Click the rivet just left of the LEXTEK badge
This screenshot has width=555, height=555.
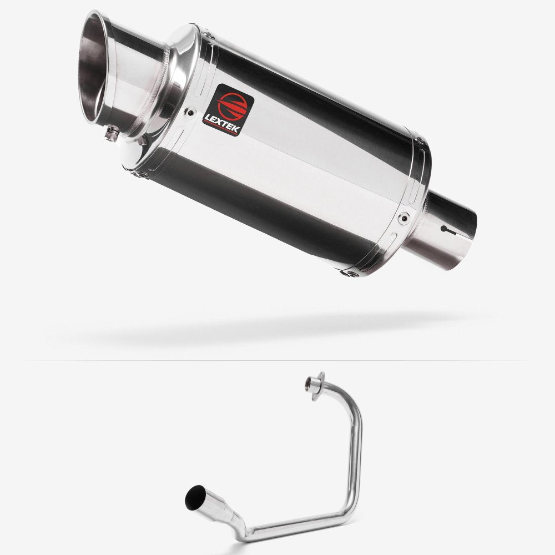[x=192, y=110]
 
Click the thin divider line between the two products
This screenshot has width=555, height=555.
[x=277, y=360]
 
